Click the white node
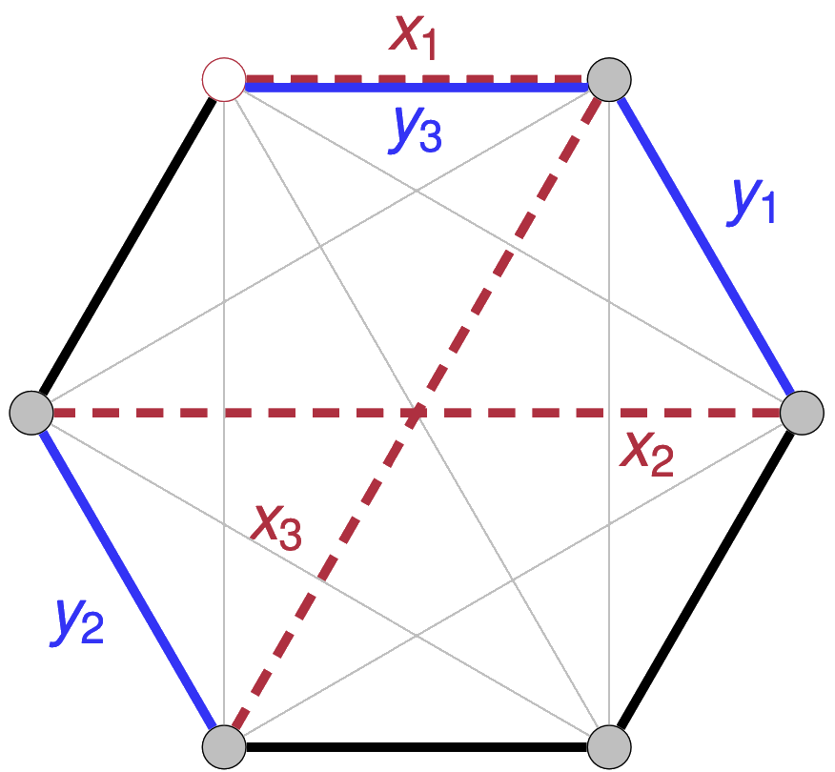pyautogui.click(x=224, y=78)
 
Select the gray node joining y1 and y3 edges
pyautogui.click(x=609, y=78)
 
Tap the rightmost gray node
pyautogui.click(x=802, y=413)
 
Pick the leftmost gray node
pyautogui.click(x=31, y=413)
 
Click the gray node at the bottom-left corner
pyautogui.click(x=224, y=745)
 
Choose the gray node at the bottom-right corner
pyautogui.click(x=609, y=745)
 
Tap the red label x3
pyautogui.click(x=276, y=527)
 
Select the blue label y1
pyautogui.click(x=752, y=201)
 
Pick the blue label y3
pyautogui.click(x=416, y=132)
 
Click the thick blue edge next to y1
pyautogui.click(x=706, y=246)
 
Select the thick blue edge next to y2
pyautogui.click(x=127, y=579)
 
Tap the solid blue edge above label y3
pyautogui.click(x=419, y=88)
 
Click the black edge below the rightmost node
pyautogui.click(x=706, y=579)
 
